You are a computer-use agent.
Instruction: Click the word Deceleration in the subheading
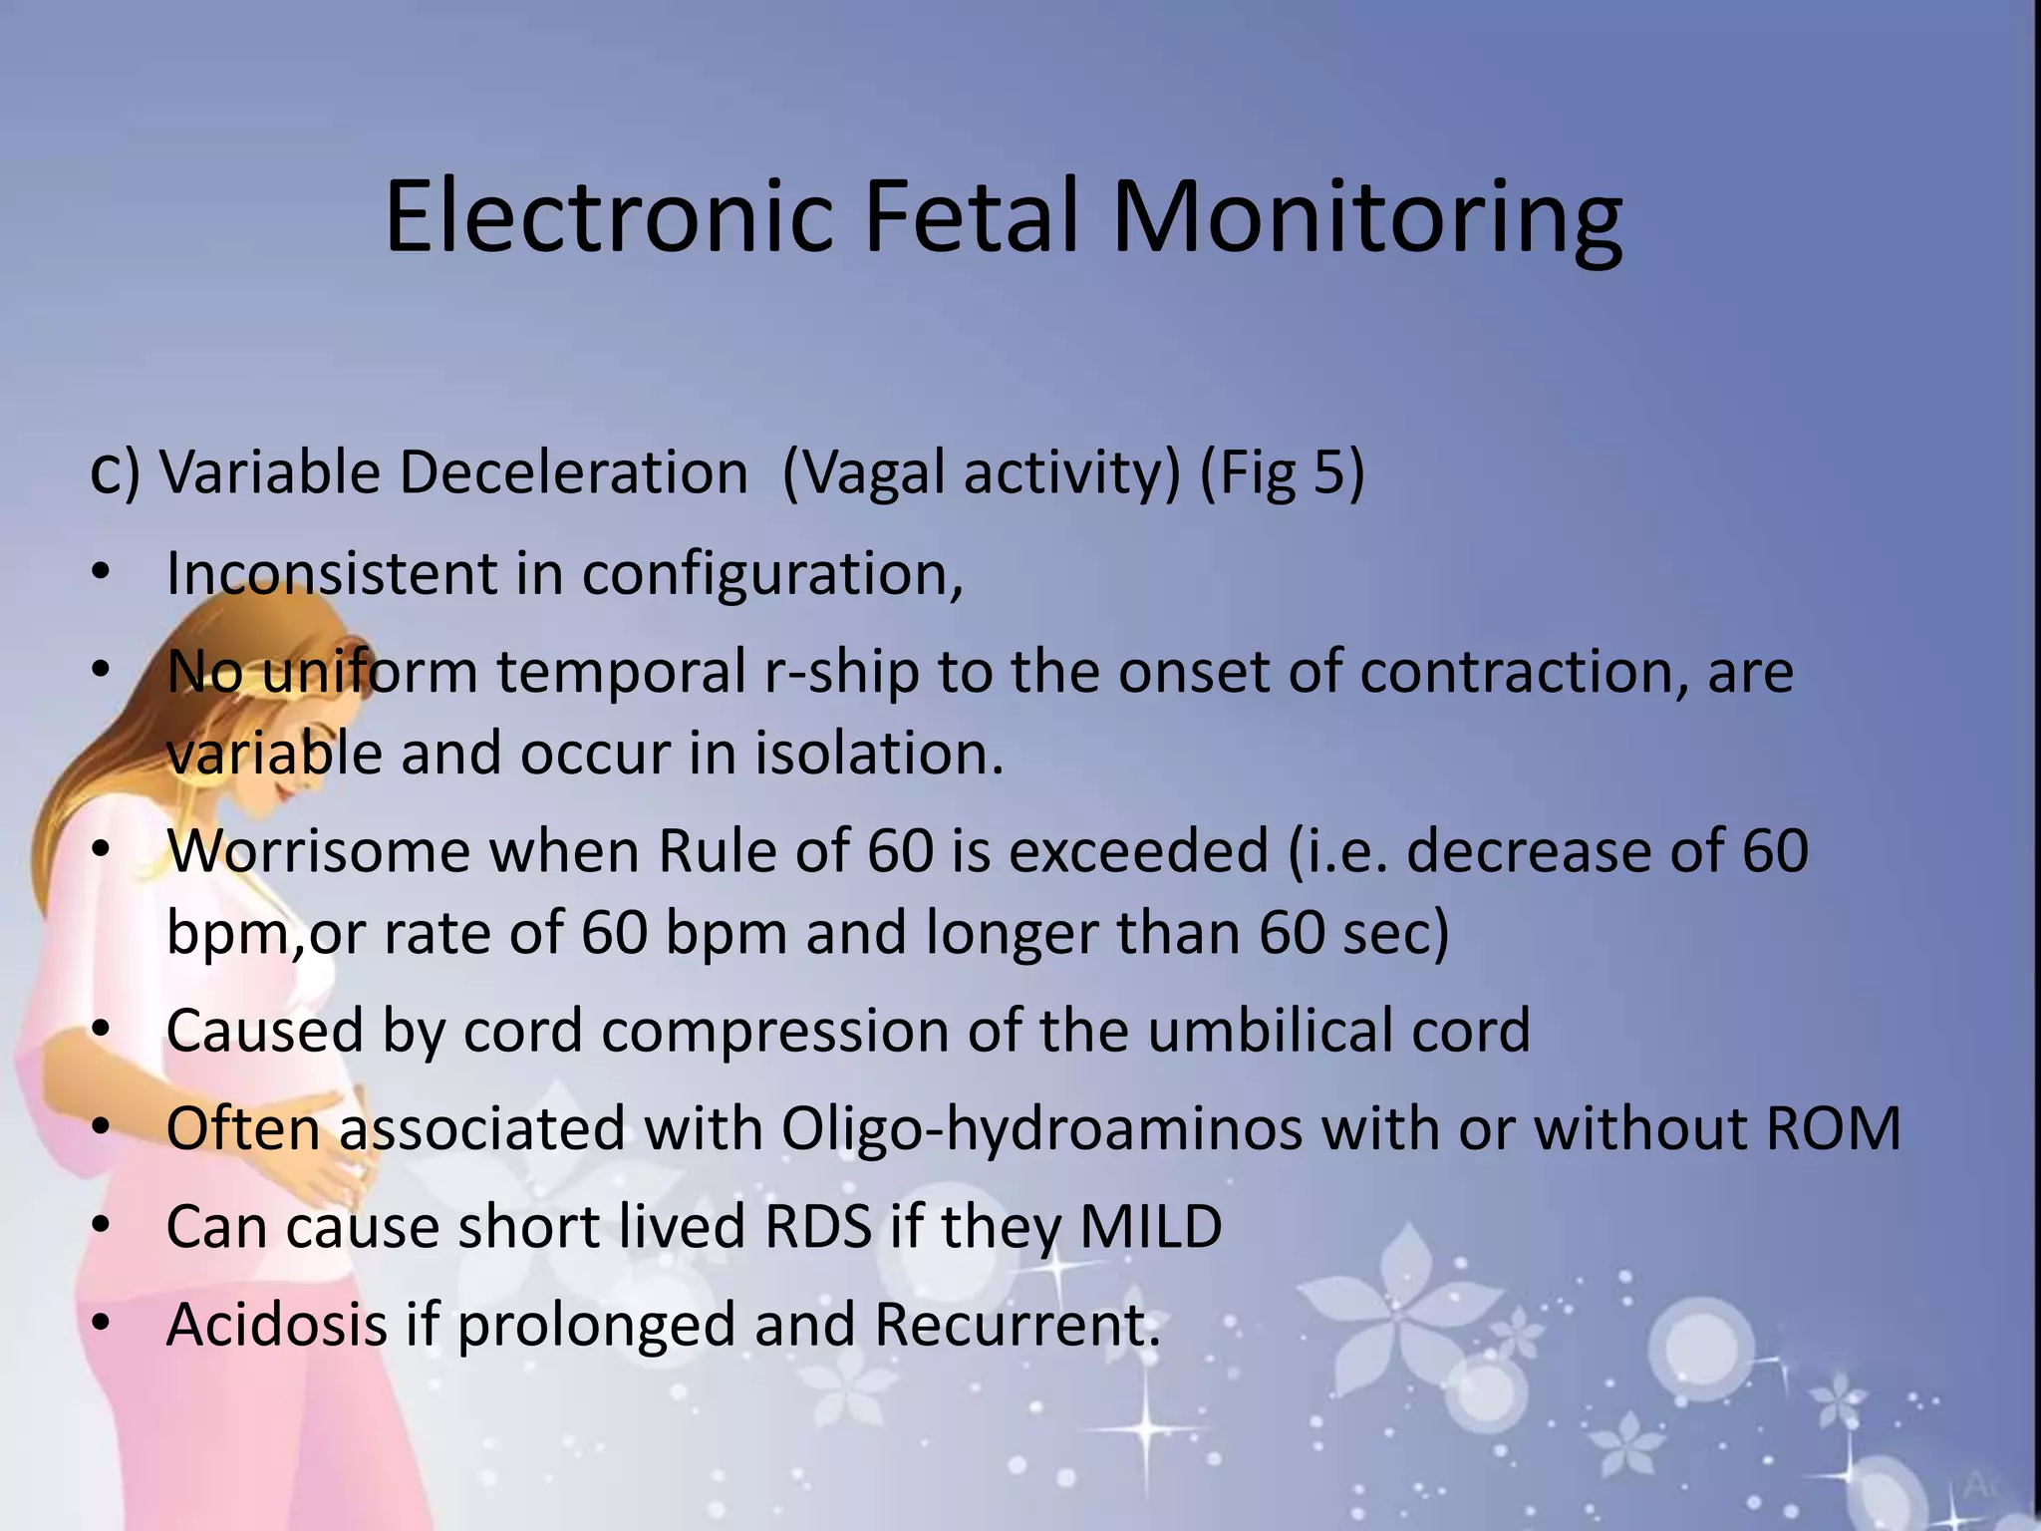pos(573,471)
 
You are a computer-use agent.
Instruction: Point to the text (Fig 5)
pos(1282,471)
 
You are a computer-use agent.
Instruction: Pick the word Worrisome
pos(318,851)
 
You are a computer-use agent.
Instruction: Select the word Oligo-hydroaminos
pos(1041,1129)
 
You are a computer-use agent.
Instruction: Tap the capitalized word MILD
pos(1151,1227)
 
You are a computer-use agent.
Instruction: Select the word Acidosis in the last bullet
pos(276,1325)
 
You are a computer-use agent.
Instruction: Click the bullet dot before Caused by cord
pos(100,1030)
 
